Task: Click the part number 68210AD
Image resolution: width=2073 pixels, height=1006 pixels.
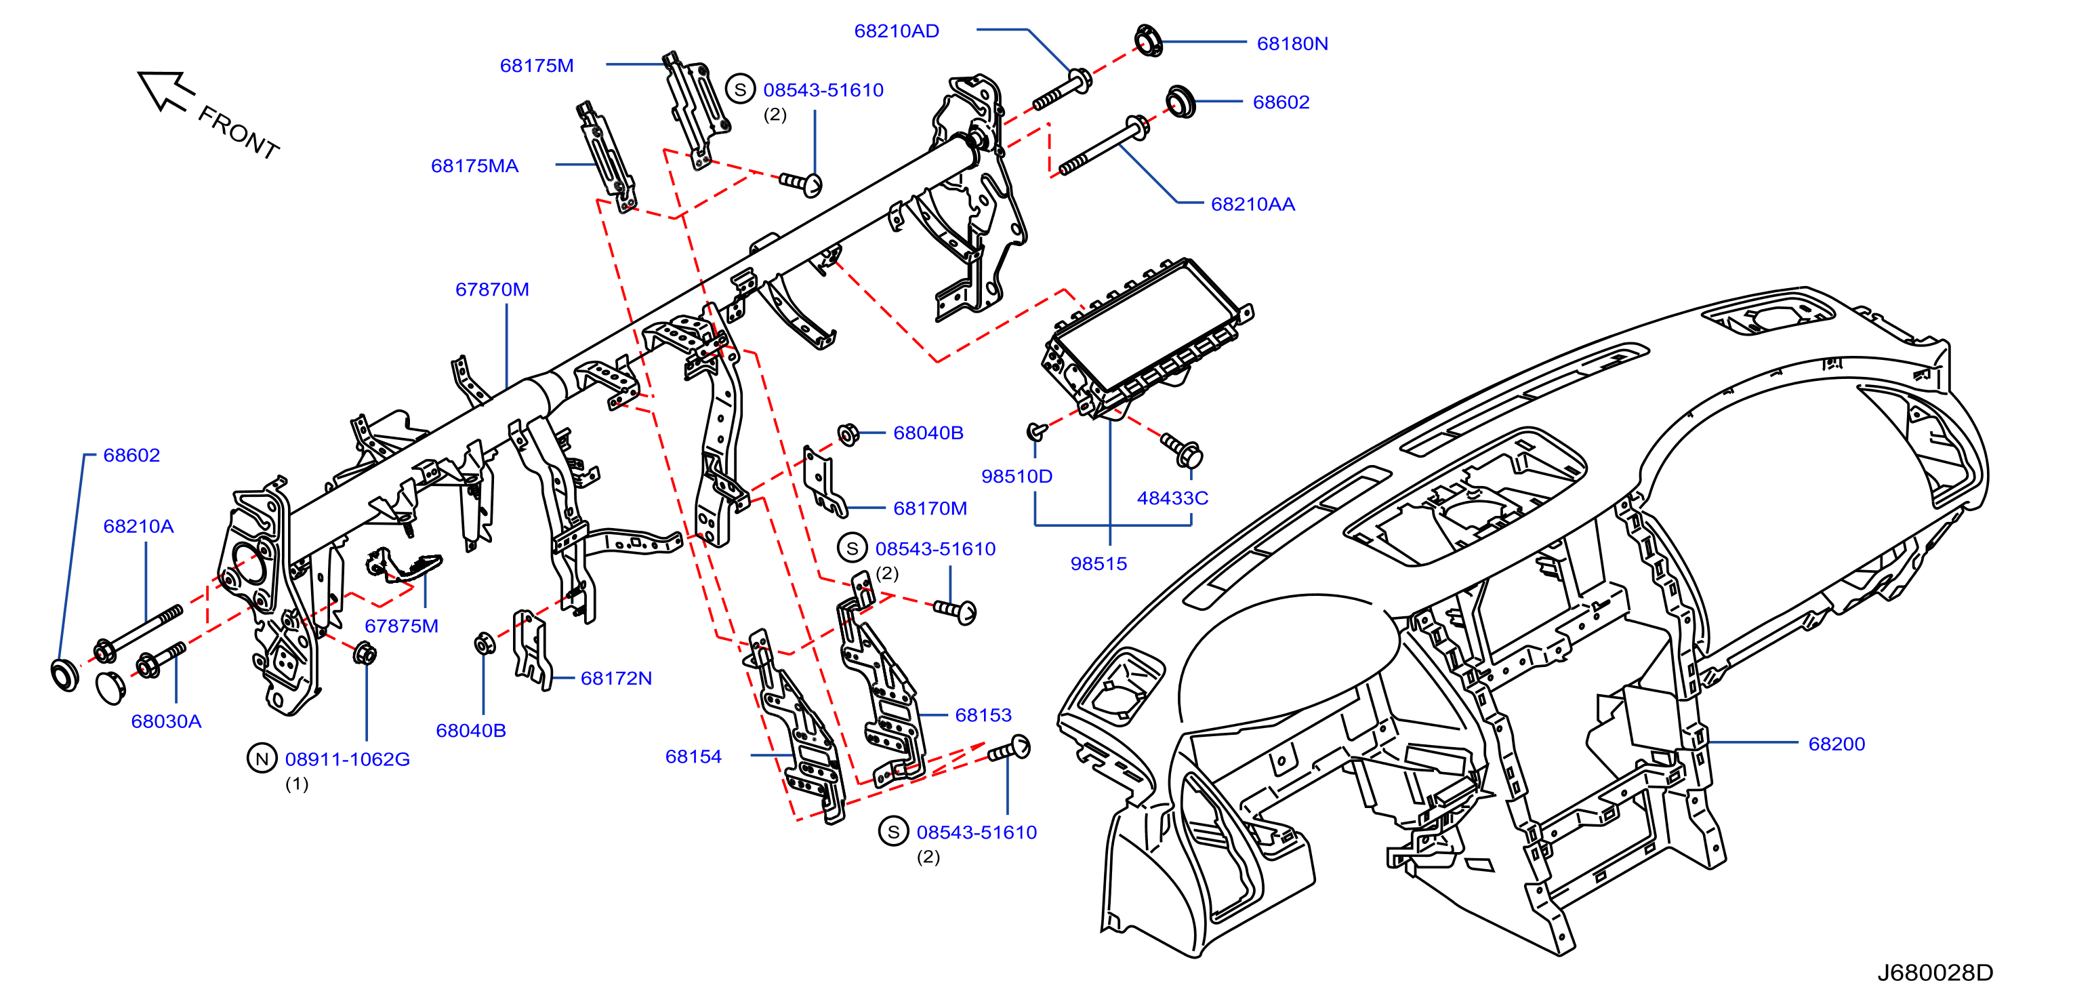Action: [x=897, y=31]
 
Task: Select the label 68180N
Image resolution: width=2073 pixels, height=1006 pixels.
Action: [x=1292, y=44]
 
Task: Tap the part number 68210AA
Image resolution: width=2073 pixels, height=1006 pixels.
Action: [x=1253, y=205]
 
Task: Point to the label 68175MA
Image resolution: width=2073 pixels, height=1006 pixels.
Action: [x=475, y=167]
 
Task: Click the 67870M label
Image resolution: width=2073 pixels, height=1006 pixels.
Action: [x=493, y=289]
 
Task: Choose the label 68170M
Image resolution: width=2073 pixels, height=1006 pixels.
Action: [x=930, y=508]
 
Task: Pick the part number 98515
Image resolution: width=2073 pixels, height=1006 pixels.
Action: [x=1099, y=564]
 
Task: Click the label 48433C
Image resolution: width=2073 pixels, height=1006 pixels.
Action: [x=1172, y=498]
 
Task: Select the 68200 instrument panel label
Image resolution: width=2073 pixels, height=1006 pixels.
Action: [x=1836, y=744]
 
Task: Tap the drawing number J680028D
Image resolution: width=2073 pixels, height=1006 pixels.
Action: [x=1935, y=973]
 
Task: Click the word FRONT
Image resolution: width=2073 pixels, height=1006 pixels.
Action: [x=239, y=133]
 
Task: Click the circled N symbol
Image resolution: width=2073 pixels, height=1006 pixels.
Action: [x=262, y=759]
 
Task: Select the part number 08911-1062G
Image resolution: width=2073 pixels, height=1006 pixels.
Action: [x=348, y=760]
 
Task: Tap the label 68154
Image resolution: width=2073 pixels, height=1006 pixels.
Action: [x=694, y=757]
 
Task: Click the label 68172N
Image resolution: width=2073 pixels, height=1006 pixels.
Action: [x=617, y=679]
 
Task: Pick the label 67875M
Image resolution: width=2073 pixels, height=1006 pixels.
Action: [x=402, y=626]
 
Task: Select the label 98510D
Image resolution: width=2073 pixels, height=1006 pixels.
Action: [x=1017, y=477]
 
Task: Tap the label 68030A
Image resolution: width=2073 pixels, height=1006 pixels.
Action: [x=167, y=721]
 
